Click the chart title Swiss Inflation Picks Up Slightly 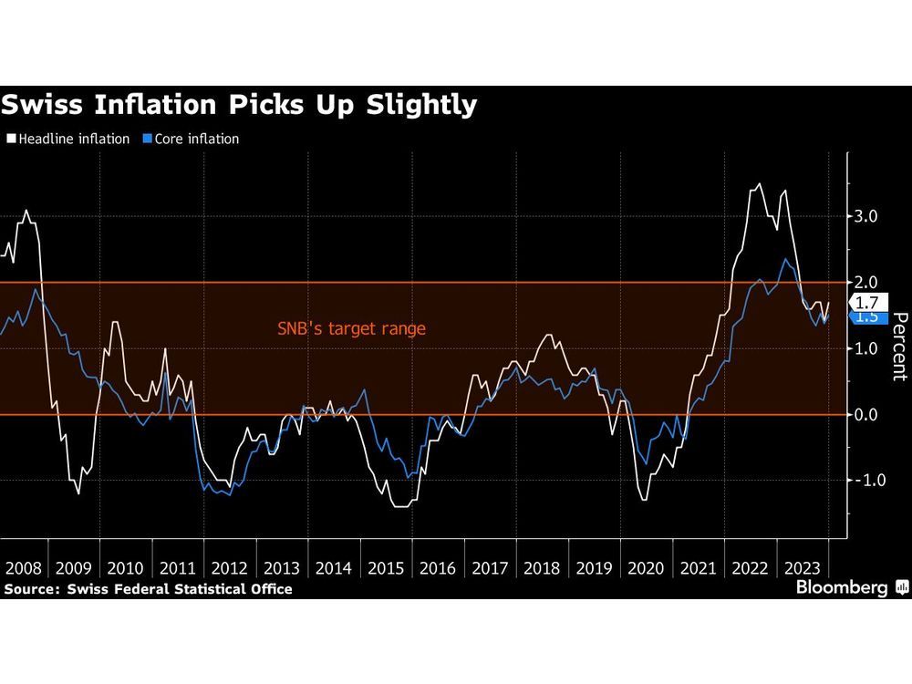click(x=239, y=105)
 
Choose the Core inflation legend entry click(x=192, y=140)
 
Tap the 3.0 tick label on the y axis click(x=865, y=217)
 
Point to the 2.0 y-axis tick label click(x=865, y=283)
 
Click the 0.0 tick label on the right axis click(x=865, y=415)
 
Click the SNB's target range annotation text click(x=351, y=328)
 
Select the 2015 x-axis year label click(x=387, y=567)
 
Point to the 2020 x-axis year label click(x=647, y=567)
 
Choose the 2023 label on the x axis click(x=803, y=567)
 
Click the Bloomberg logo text click(x=842, y=588)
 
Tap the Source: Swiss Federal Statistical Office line click(x=148, y=589)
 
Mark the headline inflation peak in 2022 click(x=760, y=184)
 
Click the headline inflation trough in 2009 click(x=78, y=493)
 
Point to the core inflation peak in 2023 click(x=784, y=259)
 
